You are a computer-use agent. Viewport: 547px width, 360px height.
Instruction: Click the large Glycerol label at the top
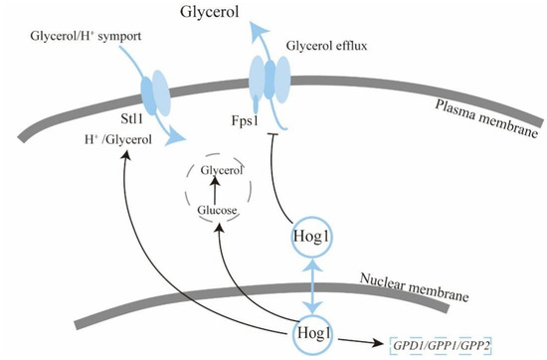(210, 13)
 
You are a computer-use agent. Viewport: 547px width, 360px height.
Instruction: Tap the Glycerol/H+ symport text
(86, 36)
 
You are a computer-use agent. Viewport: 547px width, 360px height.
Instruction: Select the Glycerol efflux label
(326, 46)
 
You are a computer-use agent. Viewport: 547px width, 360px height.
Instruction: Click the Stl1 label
(132, 119)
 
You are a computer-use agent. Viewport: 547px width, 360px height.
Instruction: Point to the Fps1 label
(245, 120)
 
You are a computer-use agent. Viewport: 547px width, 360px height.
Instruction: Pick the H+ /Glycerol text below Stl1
(118, 139)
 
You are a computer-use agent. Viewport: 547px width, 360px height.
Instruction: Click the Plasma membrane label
(487, 118)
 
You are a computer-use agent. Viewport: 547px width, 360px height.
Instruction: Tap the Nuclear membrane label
(415, 287)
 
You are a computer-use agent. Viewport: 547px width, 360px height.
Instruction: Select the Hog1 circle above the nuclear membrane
(312, 237)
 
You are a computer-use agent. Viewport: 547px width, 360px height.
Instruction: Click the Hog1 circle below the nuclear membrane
(313, 334)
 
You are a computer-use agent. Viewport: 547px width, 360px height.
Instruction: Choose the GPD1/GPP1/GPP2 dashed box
(441, 346)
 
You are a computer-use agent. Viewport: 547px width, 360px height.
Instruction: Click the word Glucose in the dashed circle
(217, 210)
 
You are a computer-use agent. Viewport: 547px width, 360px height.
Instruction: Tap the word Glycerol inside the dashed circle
(222, 170)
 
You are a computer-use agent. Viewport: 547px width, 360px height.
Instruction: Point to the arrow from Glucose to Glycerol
(215, 190)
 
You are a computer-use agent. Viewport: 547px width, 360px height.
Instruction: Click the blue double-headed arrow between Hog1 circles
(312, 285)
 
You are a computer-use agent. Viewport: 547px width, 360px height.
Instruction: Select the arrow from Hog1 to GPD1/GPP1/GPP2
(361, 342)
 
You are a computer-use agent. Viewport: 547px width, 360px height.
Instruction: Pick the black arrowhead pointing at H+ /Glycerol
(125, 154)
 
